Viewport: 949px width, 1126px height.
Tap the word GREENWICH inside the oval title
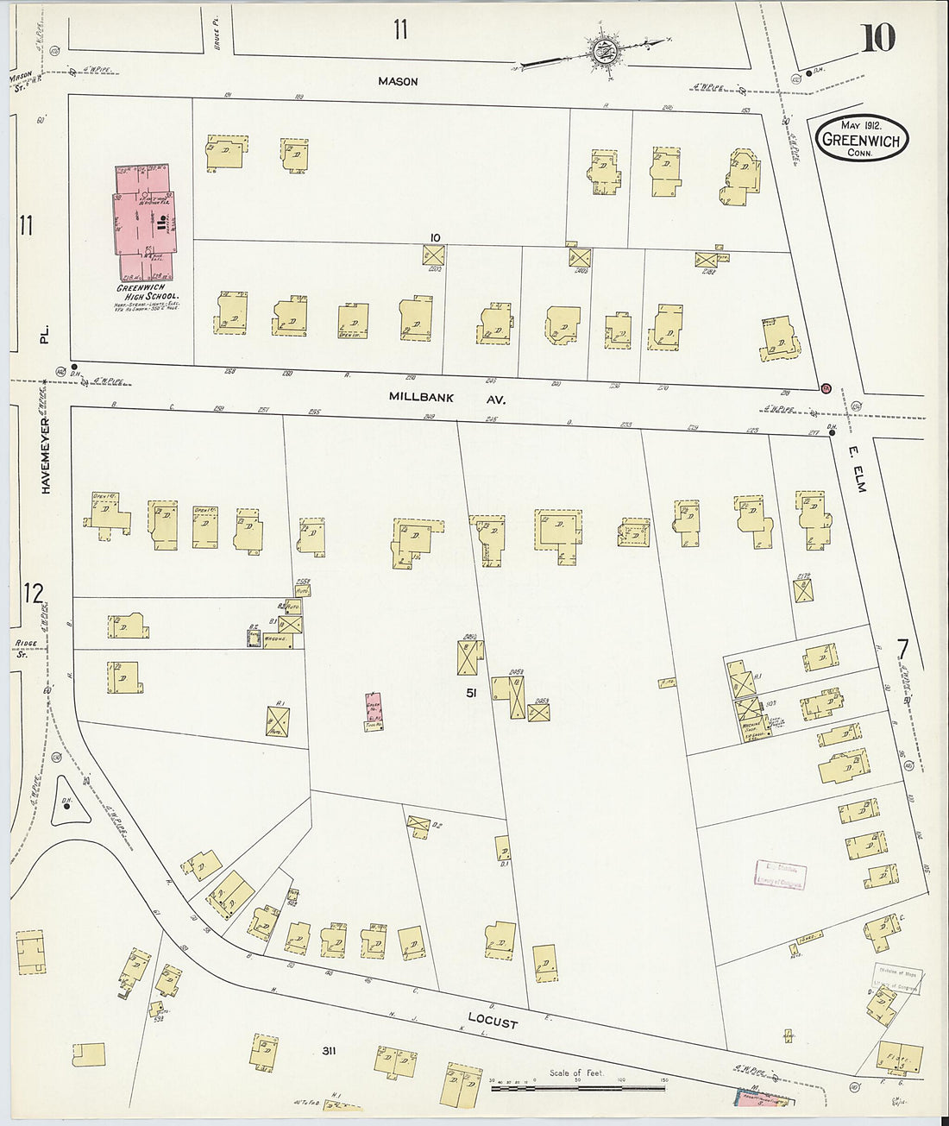coord(863,140)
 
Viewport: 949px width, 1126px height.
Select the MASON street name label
coord(398,81)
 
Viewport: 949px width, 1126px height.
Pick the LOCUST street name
coord(494,1022)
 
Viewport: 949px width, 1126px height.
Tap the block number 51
coord(471,692)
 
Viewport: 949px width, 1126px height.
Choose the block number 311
coord(328,1050)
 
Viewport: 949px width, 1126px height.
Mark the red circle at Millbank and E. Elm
coord(826,388)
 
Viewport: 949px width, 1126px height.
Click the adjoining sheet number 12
coord(33,594)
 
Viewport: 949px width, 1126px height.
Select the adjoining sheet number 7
coord(902,648)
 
